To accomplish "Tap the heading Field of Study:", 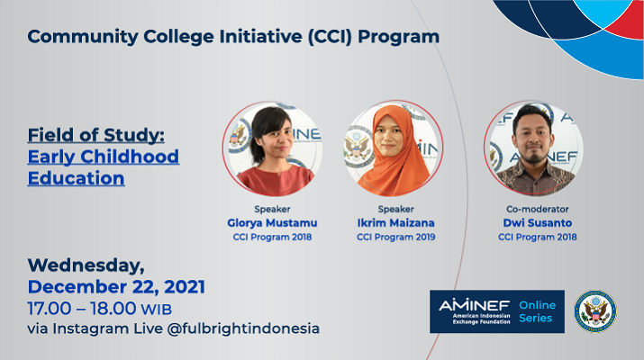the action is pyautogui.click(x=96, y=135).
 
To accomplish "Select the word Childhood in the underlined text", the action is pyautogui.click(x=130, y=157).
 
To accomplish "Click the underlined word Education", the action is pyautogui.click(x=76, y=178).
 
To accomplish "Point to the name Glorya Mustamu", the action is pyautogui.click(x=272, y=223).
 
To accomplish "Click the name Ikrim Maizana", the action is pyautogui.click(x=395, y=223).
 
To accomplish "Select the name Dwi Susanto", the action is pyautogui.click(x=537, y=223).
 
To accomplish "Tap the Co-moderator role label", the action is pyautogui.click(x=537, y=209).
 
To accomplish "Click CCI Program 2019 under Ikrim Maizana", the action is pyautogui.click(x=395, y=237).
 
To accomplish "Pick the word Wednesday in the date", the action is pyautogui.click(x=86, y=265).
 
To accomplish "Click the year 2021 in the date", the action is pyautogui.click(x=185, y=287).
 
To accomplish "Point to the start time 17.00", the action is pyautogui.click(x=50, y=309).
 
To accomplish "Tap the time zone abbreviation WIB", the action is pyautogui.click(x=157, y=310).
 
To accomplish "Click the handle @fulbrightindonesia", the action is pyautogui.click(x=243, y=328).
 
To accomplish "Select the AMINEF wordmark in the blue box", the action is pyautogui.click(x=474, y=305).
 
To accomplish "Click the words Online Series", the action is pyautogui.click(x=537, y=311).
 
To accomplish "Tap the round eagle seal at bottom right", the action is pyautogui.click(x=595, y=311).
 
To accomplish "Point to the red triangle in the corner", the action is pyautogui.click(x=625, y=22).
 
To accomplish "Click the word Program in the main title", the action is pyautogui.click(x=398, y=37).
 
